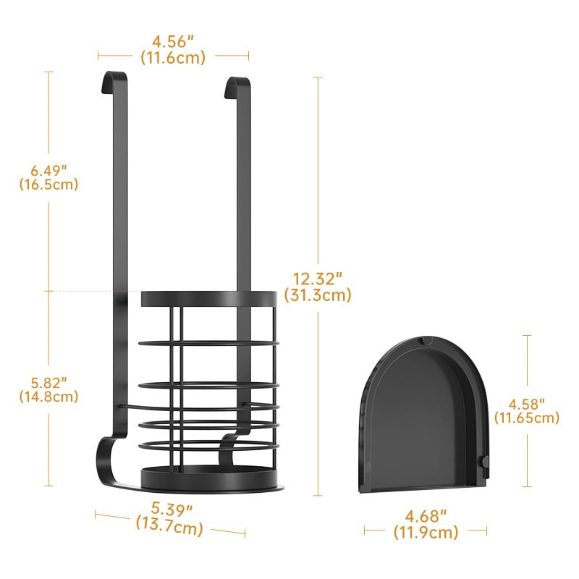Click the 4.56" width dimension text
(x=173, y=41)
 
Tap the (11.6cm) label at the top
(x=173, y=58)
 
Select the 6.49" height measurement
(x=48, y=171)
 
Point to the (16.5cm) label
(x=48, y=185)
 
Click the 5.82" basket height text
(x=48, y=383)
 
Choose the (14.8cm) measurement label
(x=48, y=397)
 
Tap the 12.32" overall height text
(x=318, y=279)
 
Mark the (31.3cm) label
(x=318, y=295)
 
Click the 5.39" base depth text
(x=172, y=510)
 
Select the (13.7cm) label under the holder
(x=169, y=525)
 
